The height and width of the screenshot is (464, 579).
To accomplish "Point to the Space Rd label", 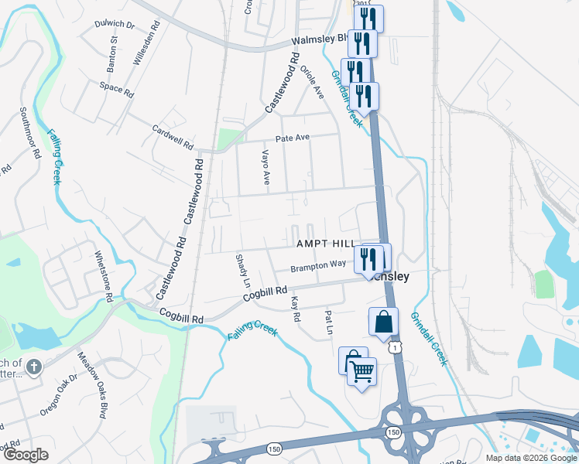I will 117,88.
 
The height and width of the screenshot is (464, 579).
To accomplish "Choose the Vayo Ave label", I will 266,166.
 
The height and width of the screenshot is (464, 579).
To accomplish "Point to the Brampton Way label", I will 318,265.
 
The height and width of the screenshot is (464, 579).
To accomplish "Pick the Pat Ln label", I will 329,322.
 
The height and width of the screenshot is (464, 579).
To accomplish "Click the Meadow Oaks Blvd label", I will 91,384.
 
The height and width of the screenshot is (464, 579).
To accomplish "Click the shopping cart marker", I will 361,374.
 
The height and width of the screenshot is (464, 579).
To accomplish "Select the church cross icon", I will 33,366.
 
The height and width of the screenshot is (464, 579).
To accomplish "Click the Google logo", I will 26,454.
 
